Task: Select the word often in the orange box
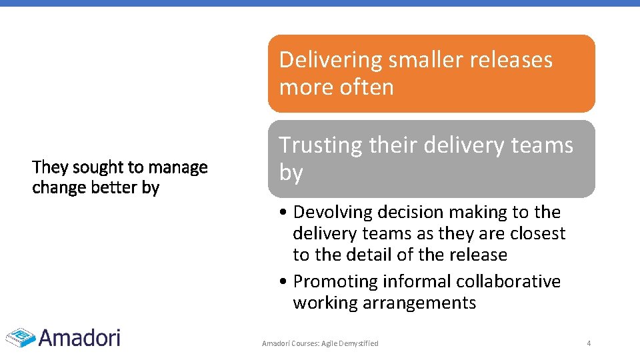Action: click(x=366, y=87)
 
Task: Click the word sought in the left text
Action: click(x=95, y=167)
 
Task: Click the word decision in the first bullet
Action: click(x=413, y=212)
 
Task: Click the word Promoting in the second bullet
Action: click(x=335, y=281)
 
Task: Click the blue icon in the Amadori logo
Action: click(x=21, y=337)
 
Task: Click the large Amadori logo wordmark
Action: click(x=79, y=337)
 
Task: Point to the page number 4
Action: click(x=589, y=343)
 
